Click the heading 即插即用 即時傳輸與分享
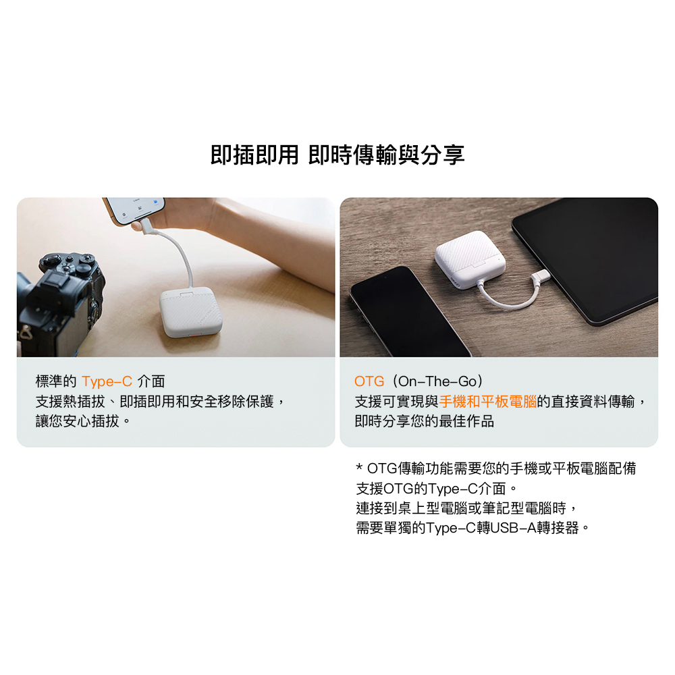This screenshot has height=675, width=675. pyautogui.click(x=337, y=155)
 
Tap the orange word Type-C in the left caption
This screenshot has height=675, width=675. pyautogui.click(x=107, y=381)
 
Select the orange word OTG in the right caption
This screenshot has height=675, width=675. pyautogui.click(x=369, y=381)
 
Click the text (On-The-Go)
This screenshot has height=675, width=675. pyautogui.click(x=437, y=381)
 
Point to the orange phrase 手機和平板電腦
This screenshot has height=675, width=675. pyautogui.click(x=488, y=402)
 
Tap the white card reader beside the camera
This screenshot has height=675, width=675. pyautogui.click(x=191, y=313)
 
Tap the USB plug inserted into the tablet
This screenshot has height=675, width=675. pyautogui.click(x=540, y=277)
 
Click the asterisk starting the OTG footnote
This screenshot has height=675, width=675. pyautogui.click(x=360, y=467)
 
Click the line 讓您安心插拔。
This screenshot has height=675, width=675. pyautogui.click(x=82, y=421)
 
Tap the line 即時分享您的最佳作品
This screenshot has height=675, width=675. pyautogui.click(x=424, y=421)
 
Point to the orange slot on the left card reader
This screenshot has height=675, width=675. pyautogui.click(x=194, y=335)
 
